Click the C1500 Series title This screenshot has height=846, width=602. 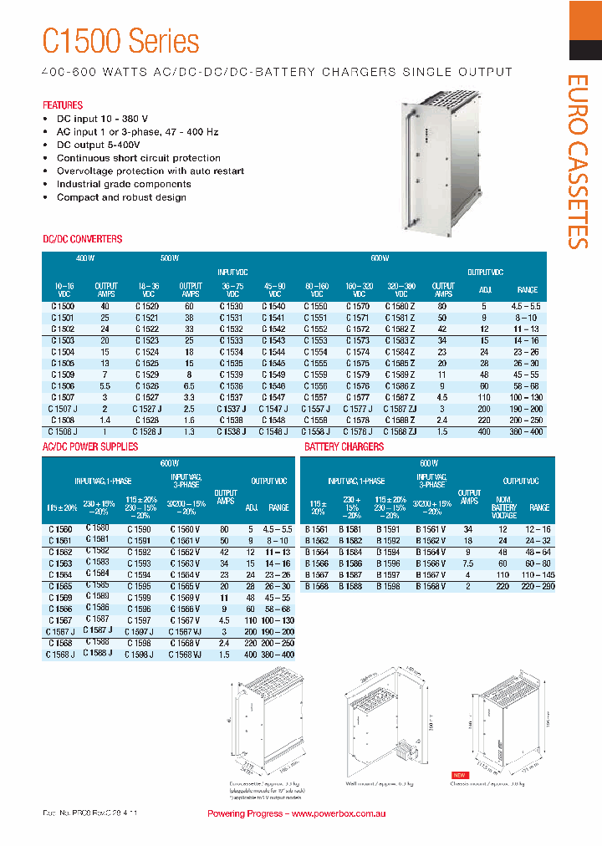point(121,41)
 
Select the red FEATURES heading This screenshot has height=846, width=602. point(63,105)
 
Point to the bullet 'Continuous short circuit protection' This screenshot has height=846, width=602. point(138,158)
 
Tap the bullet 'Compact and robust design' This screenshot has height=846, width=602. point(121,197)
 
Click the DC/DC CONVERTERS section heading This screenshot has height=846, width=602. point(82,239)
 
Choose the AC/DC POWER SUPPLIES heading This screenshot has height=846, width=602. point(90,447)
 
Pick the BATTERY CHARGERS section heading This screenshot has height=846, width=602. point(344,447)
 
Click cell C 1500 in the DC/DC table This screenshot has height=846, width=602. point(62,307)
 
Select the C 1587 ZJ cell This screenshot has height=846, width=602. point(400,409)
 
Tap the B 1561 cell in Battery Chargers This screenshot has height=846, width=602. point(316,529)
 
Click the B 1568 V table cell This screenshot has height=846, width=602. point(431,586)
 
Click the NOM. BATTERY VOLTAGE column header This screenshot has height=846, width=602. point(503,507)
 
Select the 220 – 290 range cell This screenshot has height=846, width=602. point(539,586)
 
